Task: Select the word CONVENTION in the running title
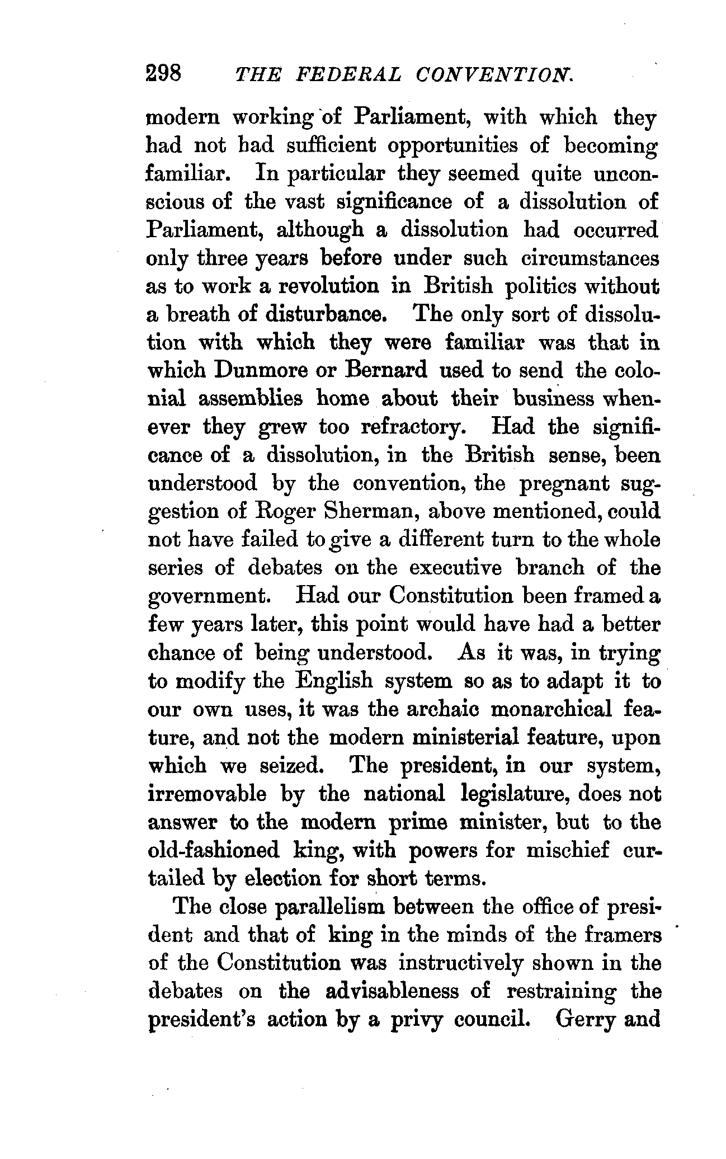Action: point(493,74)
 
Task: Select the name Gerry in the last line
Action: point(581,1020)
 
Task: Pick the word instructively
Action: point(461,963)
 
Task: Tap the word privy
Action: point(416,1020)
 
